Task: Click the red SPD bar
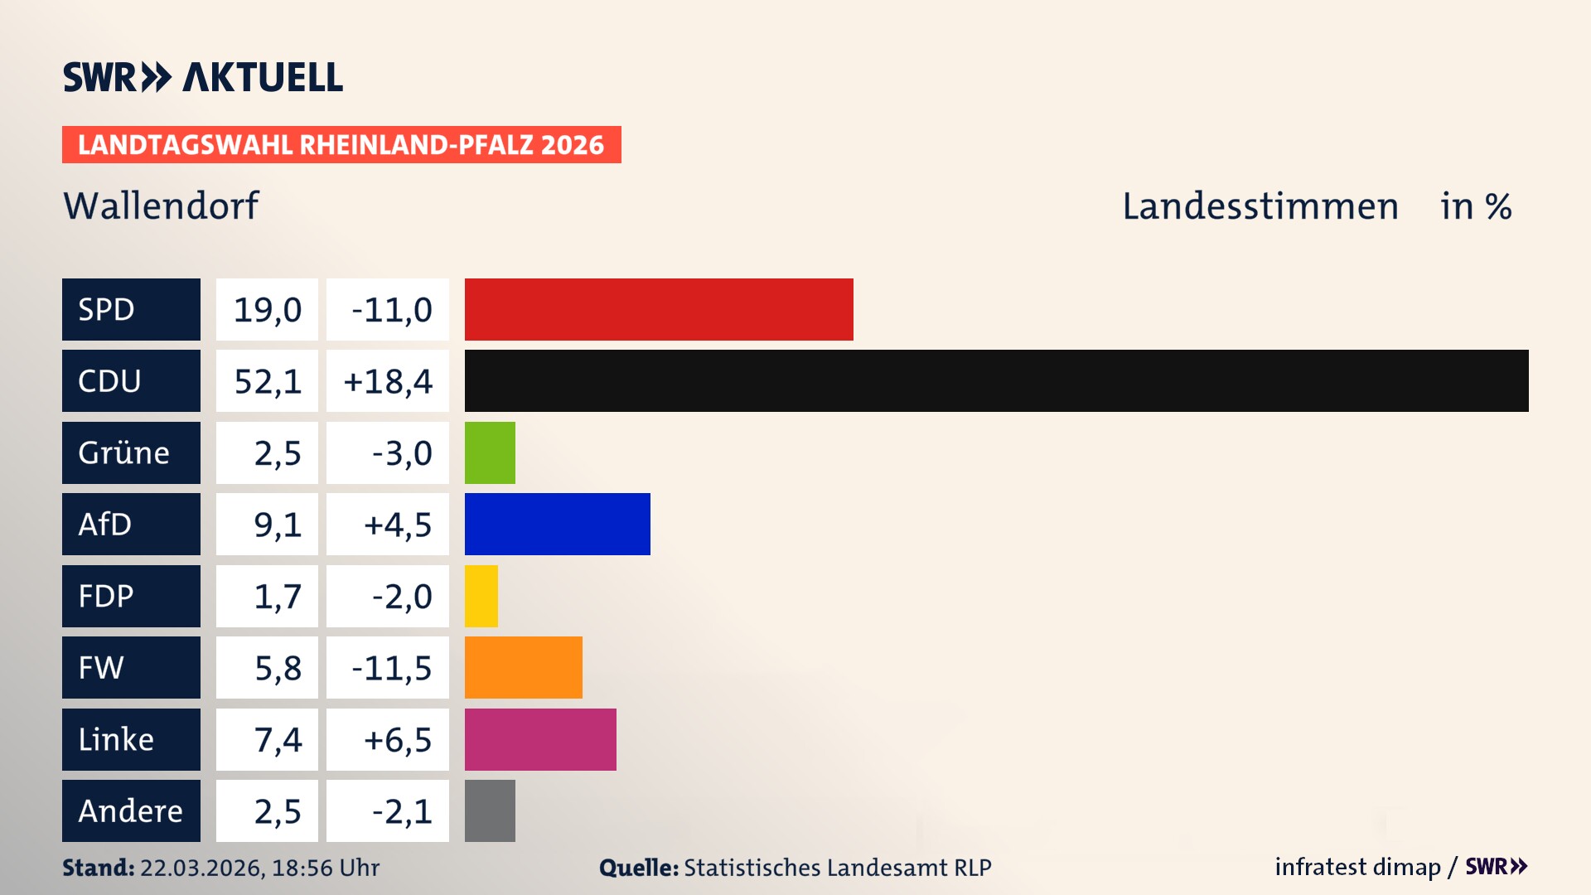(659, 309)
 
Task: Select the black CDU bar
(996, 380)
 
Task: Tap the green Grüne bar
(490, 452)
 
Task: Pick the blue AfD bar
(557, 524)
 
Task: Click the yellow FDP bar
(481, 596)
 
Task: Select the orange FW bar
(523, 667)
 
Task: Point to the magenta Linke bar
(540, 739)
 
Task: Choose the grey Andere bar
(490, 810)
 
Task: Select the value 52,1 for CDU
(267, 381)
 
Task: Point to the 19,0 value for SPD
(267, 310)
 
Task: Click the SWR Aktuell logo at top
(202, 77)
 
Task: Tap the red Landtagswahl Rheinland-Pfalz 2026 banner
(341, 145)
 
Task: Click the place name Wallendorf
(161, 206)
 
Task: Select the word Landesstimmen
(1260, 206)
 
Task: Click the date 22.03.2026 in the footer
(201, 868)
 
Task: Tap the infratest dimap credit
(1357, 867)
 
